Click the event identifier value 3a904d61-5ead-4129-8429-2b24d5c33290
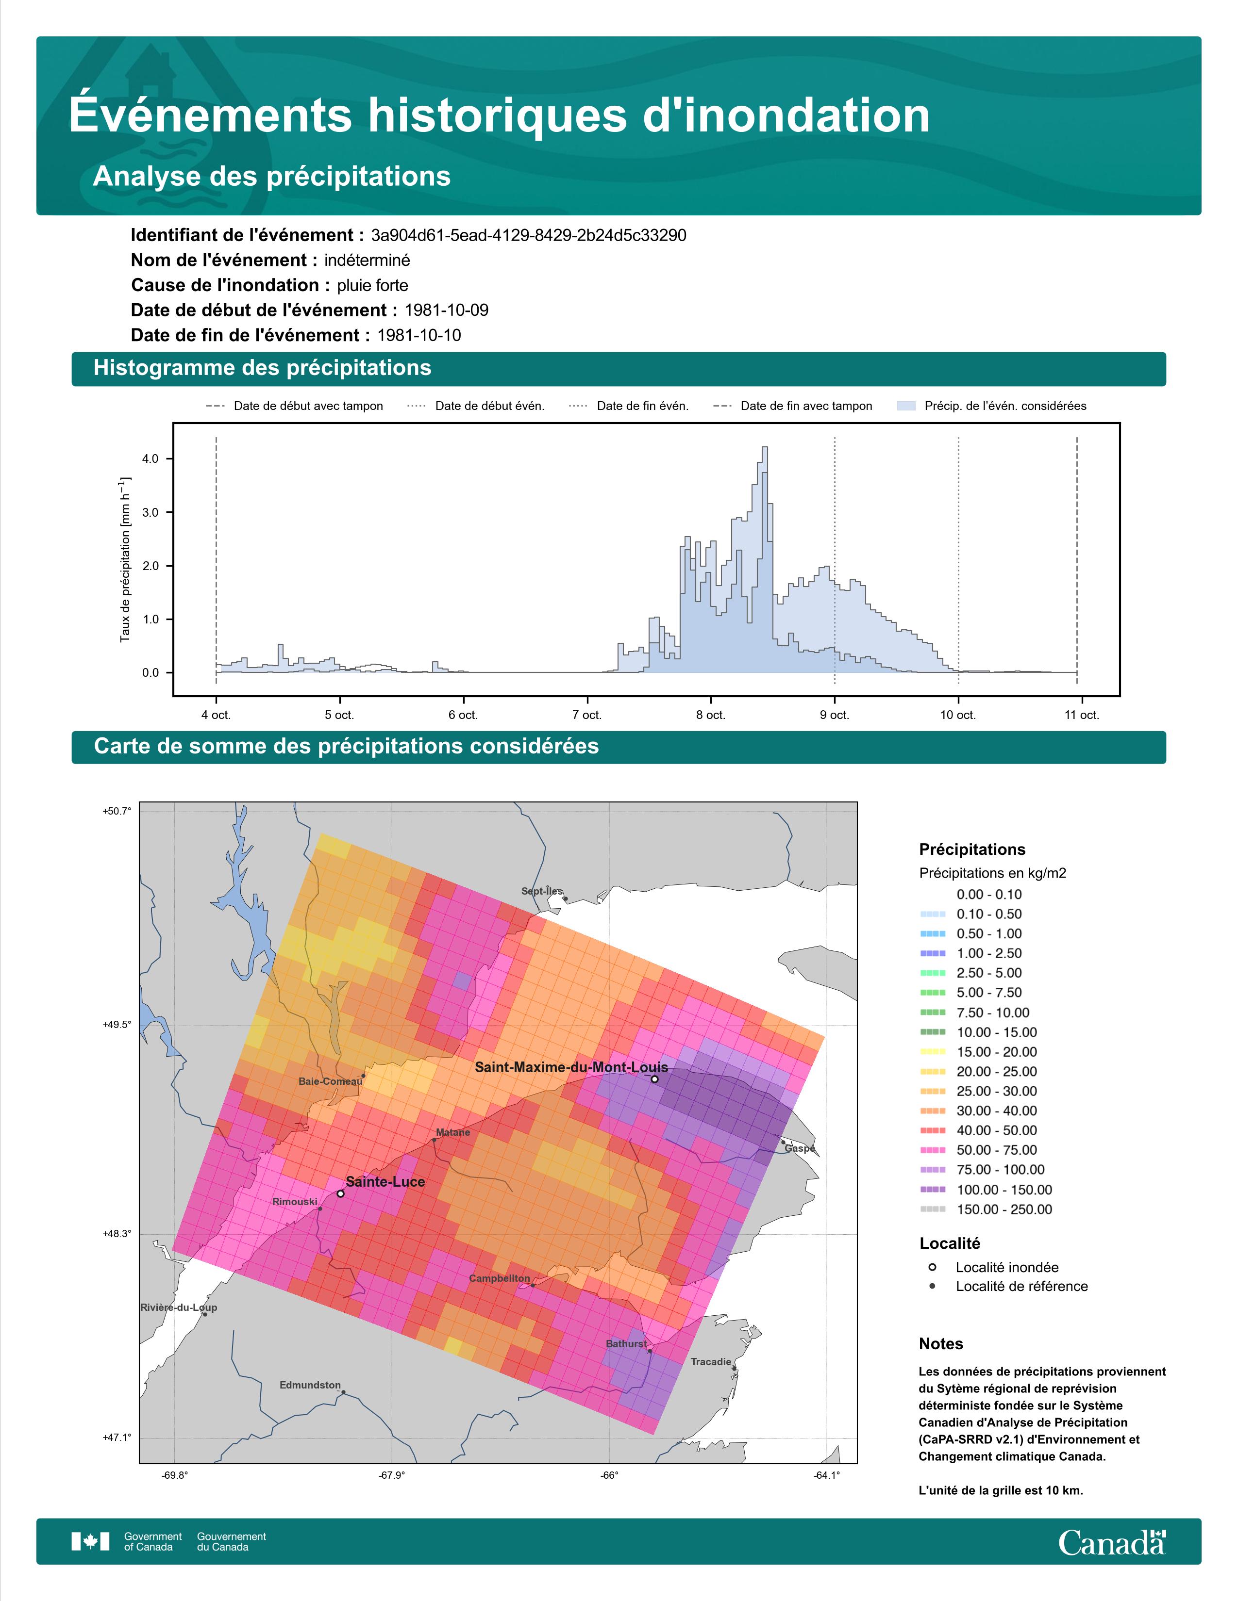click(x=529, y=235)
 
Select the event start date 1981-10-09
click(x=447, y=310)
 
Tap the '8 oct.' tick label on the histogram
click(x=711, y=715)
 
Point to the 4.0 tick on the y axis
click(x=151, y=459)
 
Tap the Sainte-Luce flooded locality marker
click(x=340, y=1193)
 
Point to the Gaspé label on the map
click(x=800, y=1149)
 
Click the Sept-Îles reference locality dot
click(x=566, y=899)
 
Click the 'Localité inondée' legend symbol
click(x=932, y=1267)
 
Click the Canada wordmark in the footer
click(x=1112, y=1542)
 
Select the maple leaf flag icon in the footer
click(x=90, y=1542)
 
